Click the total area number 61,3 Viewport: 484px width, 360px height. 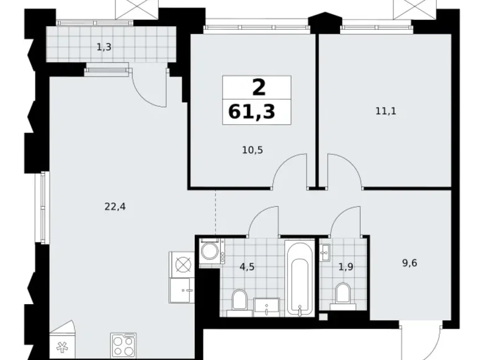256,112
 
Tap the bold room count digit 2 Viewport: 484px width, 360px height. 256,88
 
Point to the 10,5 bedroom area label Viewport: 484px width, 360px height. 253,150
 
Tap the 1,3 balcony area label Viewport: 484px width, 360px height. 104,46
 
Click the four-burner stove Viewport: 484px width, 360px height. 123,344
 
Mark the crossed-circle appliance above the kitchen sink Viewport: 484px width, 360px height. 182,264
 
